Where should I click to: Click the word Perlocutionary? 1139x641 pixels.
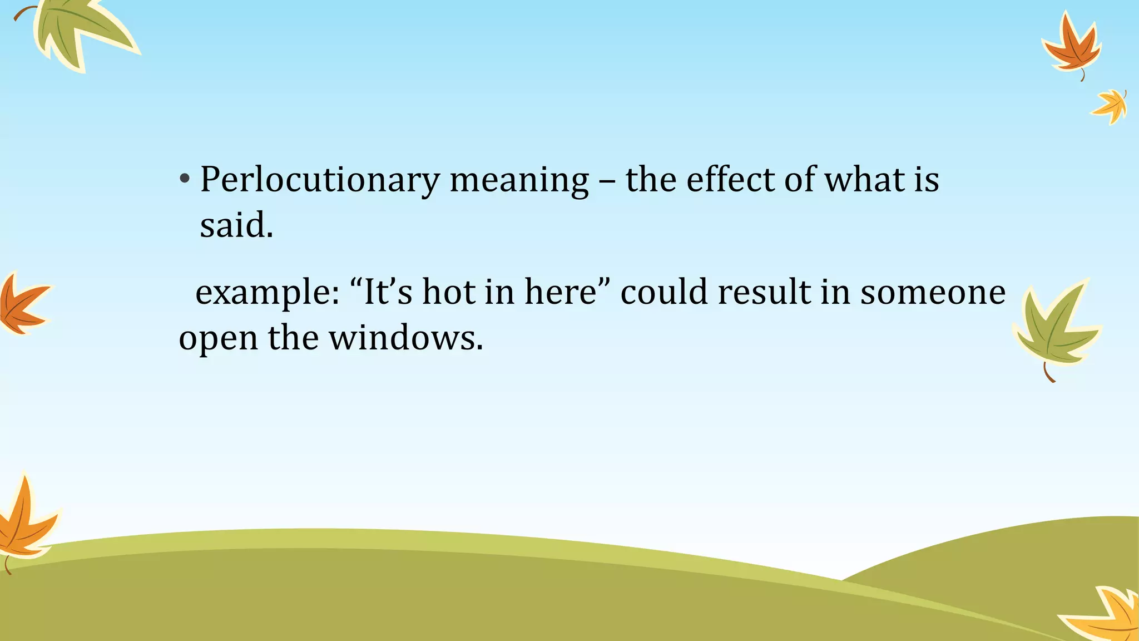(319, 181)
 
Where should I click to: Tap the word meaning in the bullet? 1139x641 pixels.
(519, 181)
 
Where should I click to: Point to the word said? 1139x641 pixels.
(236, 226)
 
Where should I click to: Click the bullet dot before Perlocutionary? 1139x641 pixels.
(185, 180)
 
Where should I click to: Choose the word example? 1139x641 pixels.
(267, 293)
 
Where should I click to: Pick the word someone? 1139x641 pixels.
(933, 293)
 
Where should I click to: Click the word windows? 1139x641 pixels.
(405, 338)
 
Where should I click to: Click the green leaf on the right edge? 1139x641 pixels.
(1054, 328)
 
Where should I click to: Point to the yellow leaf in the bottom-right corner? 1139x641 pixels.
(1107, 615)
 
